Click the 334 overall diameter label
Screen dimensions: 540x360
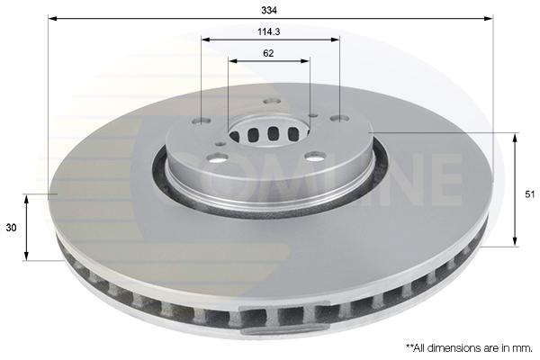[269, 10]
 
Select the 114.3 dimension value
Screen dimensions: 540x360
[269, 32]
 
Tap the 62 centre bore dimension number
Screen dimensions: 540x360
[268, 53]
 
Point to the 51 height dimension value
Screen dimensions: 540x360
[530, 194]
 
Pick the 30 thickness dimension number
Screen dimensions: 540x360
[11, 228]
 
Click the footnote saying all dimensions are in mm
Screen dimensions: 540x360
[470, 348]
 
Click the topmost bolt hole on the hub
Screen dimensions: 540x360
[272, 102]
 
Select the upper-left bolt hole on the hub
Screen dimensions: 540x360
[202, 121]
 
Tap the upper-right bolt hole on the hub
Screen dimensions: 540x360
[339, 119]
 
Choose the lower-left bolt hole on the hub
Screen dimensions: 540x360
[218, 158]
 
